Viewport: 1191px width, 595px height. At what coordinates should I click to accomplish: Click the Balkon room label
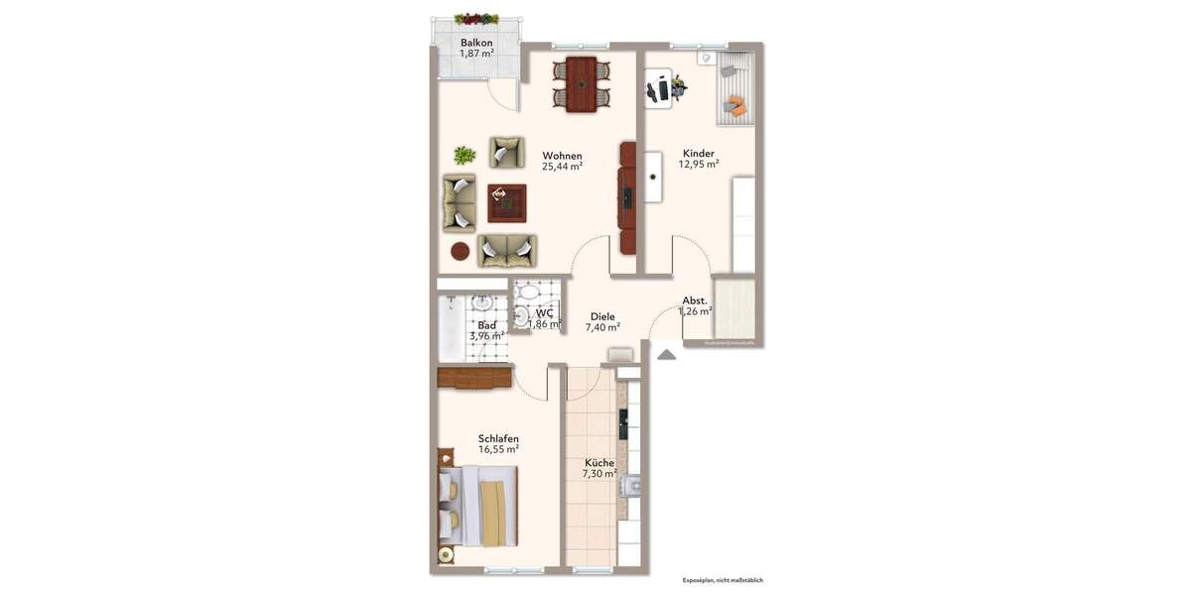[476, 43]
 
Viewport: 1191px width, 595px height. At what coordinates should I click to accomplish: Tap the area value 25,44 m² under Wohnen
[562, 167]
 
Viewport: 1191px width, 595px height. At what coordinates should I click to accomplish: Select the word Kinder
[699, 154]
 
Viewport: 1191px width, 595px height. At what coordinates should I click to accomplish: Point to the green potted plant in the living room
[464, 155]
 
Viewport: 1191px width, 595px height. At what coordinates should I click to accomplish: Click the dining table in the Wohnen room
[581, 83]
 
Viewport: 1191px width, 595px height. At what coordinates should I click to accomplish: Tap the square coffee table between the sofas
[506, 203]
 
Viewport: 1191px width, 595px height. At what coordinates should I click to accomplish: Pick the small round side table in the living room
[461, 251]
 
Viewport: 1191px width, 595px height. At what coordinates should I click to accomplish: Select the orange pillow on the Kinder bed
[735, 104]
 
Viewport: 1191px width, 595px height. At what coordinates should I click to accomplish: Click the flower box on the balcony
[476, 18]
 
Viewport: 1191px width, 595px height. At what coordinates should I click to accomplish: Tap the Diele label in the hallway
[602, 316]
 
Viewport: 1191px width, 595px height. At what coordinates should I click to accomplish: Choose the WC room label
[531, 313]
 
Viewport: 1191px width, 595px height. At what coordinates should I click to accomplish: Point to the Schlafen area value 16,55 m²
[498, 449]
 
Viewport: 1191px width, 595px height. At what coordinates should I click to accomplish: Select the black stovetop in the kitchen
[623, 423]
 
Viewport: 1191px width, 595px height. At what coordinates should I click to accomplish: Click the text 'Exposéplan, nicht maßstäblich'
[723, 580]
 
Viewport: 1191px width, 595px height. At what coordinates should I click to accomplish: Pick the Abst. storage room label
[694, 300]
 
